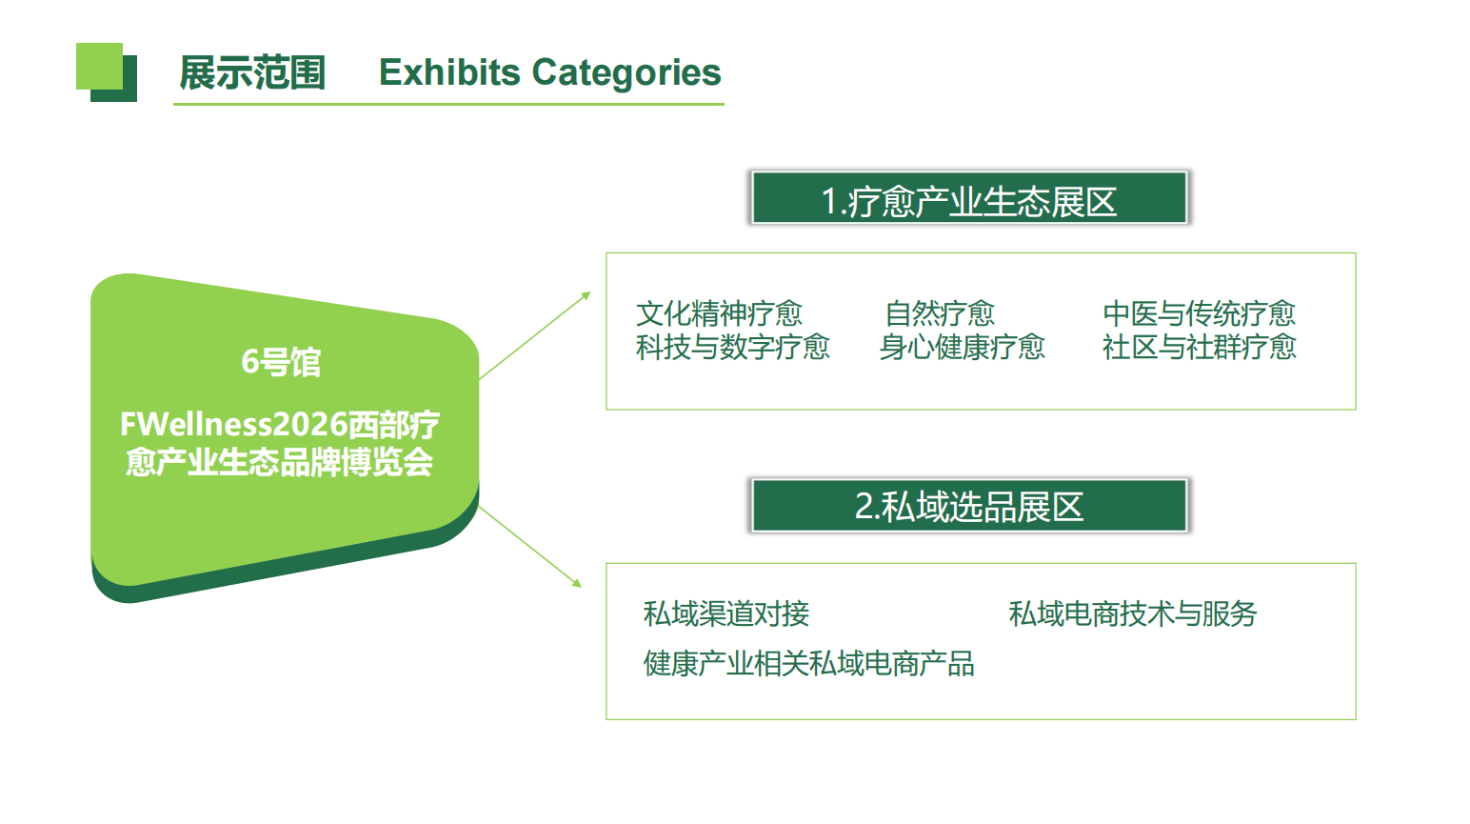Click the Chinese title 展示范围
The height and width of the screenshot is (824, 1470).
(x=252, y=72)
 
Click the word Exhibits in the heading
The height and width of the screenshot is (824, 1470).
(x=449, y=71)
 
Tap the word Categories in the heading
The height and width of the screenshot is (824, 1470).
(x=626, y=73)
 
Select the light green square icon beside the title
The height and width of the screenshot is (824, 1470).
(x=99, y=66)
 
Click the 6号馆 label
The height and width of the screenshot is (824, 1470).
(x=281, y=362)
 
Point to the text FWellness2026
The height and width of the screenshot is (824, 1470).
(x=233, y=424)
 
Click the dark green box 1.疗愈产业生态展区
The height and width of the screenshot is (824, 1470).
(x=969, y=197)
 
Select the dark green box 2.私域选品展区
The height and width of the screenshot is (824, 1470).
(x=969, y=506)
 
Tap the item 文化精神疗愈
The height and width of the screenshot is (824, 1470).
(x=719, y=313)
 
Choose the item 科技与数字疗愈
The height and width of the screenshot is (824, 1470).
(x=733, y=347)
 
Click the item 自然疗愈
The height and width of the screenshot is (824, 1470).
(x=940, y=313)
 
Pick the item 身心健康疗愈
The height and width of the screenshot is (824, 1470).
(x=962, y=347)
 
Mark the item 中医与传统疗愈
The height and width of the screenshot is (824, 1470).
(x=1199, y=313)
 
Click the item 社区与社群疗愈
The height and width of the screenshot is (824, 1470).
(x=1199, y=347)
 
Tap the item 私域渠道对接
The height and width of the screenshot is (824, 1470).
(x=726, y=613)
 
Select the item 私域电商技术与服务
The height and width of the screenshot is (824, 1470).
(x=1133, y=613)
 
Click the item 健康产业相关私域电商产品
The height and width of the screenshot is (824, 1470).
(x=808, y=663)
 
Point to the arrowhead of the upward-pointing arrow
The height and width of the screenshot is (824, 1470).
(x=586, y=296)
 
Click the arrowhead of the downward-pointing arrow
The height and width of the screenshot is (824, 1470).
(x=577, y=582)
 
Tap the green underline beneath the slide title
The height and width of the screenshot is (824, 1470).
(x=448, y=104)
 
